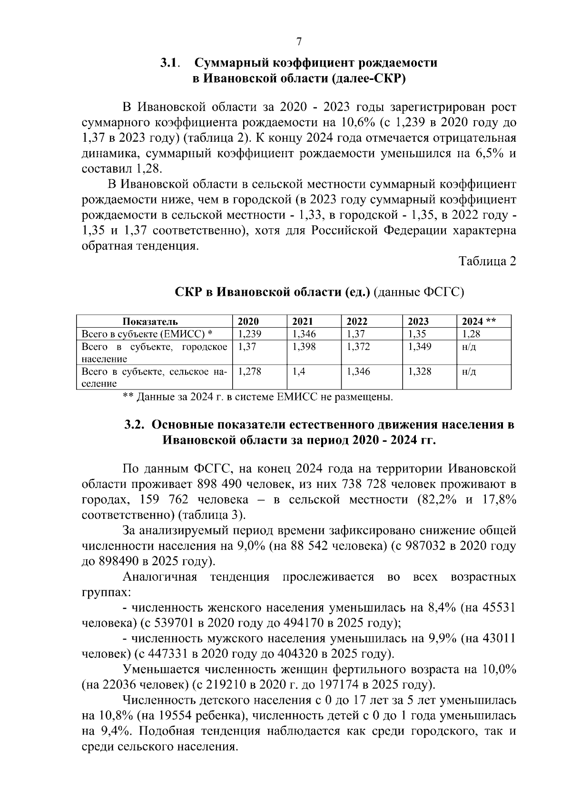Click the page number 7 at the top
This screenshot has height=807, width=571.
pyautogui.click(x=299, y=42)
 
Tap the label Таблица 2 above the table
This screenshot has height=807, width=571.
pyautogui.click(x=487, y=261)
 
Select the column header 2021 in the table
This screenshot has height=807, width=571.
pyautogui.click(x=302, y=321)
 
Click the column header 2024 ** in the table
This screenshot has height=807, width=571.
pyautogui.click(x=479, y=321)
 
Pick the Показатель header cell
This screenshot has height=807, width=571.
pyautogui.click(x=150, y=321)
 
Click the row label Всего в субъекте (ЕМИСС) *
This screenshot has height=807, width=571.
pyautogui.click(x=147, y=334)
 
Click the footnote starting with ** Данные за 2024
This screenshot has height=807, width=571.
pyautogui.click(x=257, y=396)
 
